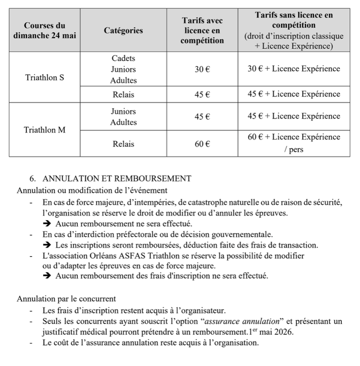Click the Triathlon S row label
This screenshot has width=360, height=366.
[44, 78]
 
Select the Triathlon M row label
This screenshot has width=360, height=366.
[44, 130]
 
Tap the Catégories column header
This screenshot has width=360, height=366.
[123, 31]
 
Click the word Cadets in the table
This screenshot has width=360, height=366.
[123, 58]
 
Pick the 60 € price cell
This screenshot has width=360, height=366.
[202, 144]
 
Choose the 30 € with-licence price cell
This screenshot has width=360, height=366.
[202, 69]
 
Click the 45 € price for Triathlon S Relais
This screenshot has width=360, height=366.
[202, 94]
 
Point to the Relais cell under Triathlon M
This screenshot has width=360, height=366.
[123, 144]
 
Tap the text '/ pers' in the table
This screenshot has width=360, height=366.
[294, 150]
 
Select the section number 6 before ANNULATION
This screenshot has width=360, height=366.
[32, 179]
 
